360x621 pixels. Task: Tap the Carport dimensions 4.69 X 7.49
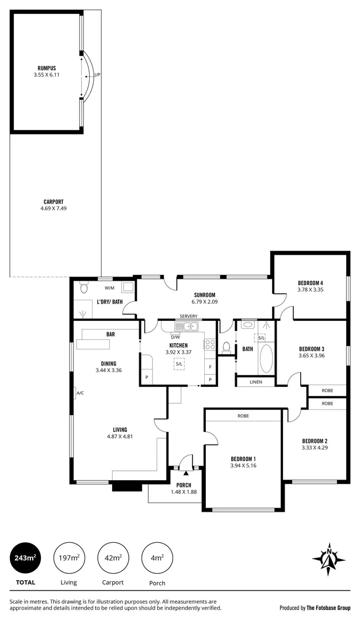pyautogui.click(x=53, y=208)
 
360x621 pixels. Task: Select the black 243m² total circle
pyautogui.click(x=25, y=558)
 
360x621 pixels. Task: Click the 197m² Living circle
pyautogui.click(x=69, y=558)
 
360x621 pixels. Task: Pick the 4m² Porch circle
pyautogui.click(x=157, y=558)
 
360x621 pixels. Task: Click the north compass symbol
pyautogui.click(x=328, y=558)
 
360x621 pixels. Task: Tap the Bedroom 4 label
pyautogui.click(x=311, y=283)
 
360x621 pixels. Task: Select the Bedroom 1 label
pyautogui.click(x=243, y=458)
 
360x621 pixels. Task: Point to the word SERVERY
pyautogui.click(x=189, y=316)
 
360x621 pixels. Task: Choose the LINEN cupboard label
pyautogui.click(x=255, y=382)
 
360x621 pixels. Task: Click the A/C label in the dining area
pyautogui.click(x=79, y=393)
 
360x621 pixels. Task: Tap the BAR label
pyautogui.click(x=110, y=334)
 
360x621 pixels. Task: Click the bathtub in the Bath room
pyautogui.click(x=266, y=359)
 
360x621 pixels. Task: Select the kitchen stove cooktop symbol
pyautogui.click(x=210, y=344)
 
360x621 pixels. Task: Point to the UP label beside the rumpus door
pyautogui.click(x=97, y=75)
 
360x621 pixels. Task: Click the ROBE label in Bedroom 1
pyautogui.click(x=243, y=415)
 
